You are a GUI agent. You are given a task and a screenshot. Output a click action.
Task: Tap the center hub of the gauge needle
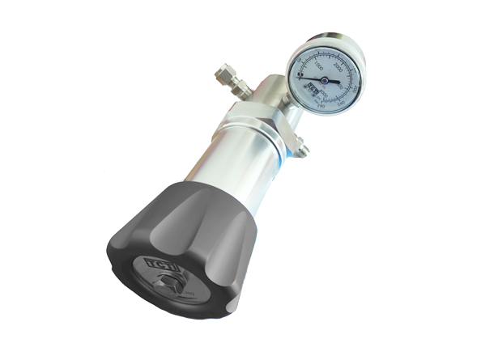[324, 80]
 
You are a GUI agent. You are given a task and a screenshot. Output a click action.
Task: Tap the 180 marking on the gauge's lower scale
[318, 105]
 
